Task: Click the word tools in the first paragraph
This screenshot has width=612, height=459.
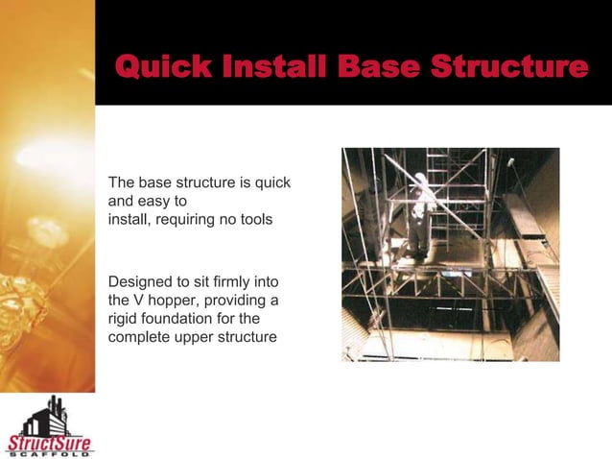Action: [254, 220]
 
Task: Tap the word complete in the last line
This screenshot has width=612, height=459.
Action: [140, 336]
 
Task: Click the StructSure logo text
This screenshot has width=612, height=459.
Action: [50, 443]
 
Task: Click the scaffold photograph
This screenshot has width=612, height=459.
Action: [450, 254]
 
